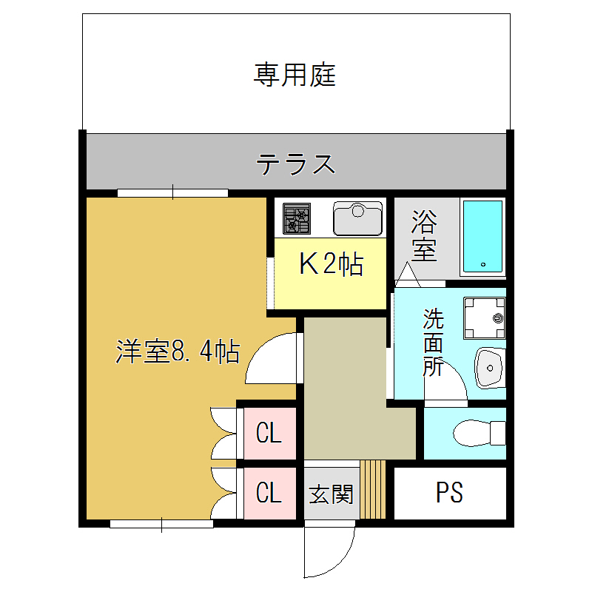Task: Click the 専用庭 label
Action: point(295,75)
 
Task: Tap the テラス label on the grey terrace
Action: point(296,164)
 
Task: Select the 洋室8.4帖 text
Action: point(178,351)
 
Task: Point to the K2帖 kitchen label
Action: point(331,264)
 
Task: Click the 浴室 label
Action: point(424,235)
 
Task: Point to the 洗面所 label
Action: point(434,343)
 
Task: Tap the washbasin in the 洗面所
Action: point(489,366)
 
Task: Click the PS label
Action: point(449,493)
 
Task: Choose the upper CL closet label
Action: point(269,433)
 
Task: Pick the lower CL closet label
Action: point(269,492)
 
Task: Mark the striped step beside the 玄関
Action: point(374,490)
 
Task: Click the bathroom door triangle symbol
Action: point(407,275)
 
